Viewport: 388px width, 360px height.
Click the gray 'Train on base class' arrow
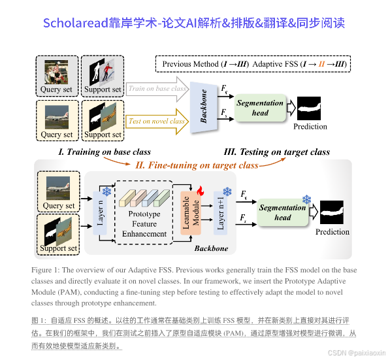point(156,89)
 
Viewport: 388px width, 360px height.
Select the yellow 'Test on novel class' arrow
point(157,122)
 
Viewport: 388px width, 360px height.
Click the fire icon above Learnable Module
point(201,192)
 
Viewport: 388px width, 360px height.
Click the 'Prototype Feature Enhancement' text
point(144,223)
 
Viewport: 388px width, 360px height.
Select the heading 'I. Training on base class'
point(104,152)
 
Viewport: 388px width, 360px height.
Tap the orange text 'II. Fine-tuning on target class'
point(196,165)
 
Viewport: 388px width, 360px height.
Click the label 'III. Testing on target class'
point(276,152)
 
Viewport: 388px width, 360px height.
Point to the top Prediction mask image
point(310,106)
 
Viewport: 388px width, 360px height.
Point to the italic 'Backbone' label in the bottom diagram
point(212,249)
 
